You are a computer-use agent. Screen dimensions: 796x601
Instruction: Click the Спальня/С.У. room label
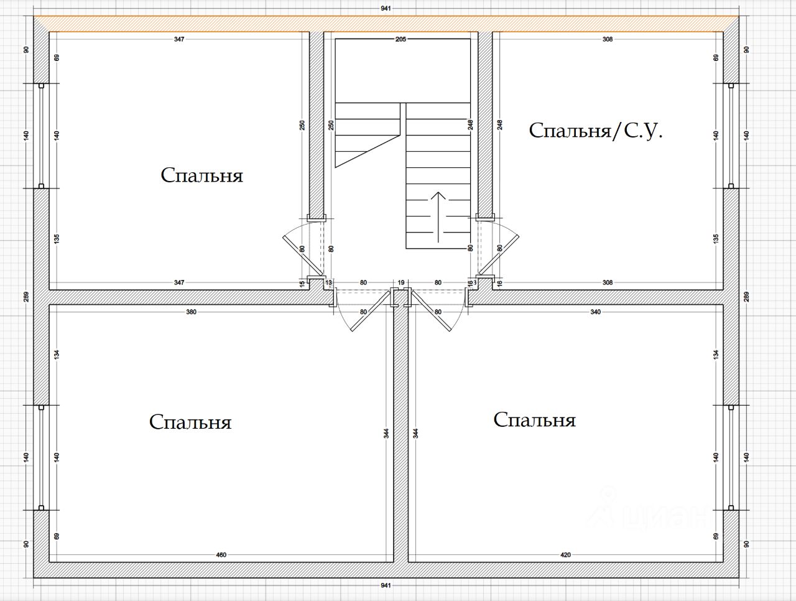point(595,131)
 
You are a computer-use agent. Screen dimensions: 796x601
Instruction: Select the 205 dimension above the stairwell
point(400,39)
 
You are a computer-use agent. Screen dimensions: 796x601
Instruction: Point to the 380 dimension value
point(191,312)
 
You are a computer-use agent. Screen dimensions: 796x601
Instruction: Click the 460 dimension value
point(221,555)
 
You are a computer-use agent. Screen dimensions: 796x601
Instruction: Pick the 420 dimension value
point(565,555)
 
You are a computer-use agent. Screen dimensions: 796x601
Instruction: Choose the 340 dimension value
point(595,312)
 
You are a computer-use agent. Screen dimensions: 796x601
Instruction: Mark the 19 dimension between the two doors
point(401,282)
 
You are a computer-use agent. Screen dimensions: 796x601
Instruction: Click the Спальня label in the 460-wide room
point(190,422)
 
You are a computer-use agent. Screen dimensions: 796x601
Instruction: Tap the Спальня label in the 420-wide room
point(534,420)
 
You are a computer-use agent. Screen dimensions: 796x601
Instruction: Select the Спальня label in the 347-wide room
point(201,175)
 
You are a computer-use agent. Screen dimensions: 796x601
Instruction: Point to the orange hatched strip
point(386,24)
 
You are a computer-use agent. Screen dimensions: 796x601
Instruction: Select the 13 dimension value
point(328,282)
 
